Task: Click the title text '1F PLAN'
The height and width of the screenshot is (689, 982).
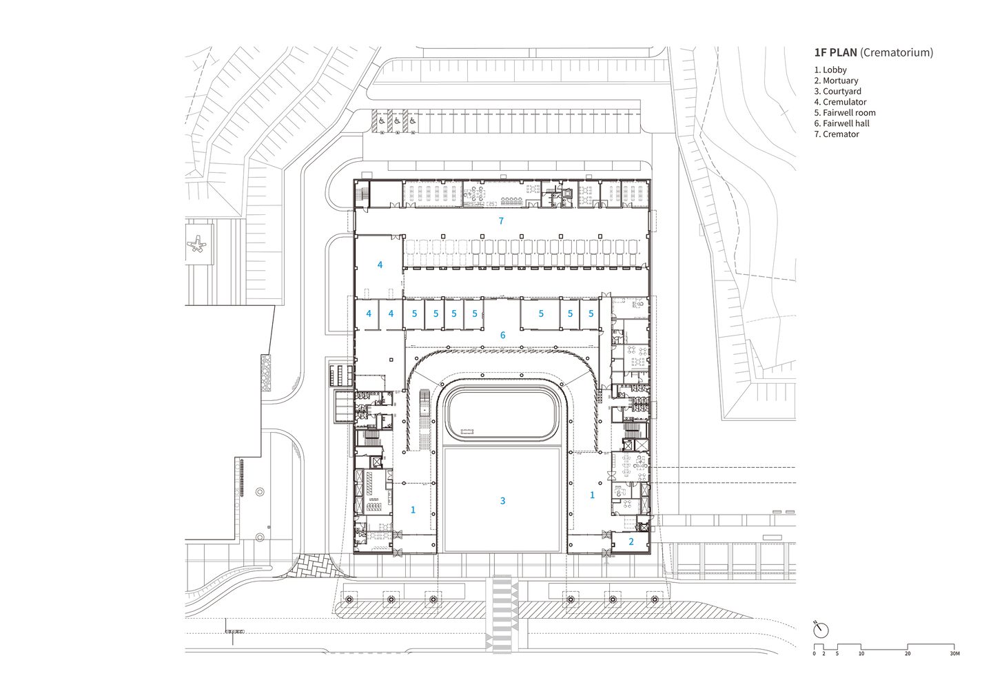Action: (x=835, y=52)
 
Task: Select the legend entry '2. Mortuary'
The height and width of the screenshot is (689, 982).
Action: (x=836, y=81)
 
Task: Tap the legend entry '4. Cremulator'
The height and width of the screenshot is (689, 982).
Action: (x=841, y=102)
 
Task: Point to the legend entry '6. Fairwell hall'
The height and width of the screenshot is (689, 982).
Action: (x=841, y=123)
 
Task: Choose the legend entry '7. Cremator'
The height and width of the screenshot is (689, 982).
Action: (x=837, y=134)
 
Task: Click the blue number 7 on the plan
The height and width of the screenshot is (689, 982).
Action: (x=501, y=221)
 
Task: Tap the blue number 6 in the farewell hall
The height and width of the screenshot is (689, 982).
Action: (x=503, y=336)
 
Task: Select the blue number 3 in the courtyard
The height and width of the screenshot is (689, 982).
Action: (x=503, y=500)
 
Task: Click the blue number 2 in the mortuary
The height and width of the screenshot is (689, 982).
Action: (x=631, y=542)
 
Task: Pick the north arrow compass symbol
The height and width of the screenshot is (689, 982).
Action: (x=821, y=630)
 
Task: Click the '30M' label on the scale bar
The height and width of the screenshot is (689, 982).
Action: (x=954, y=653)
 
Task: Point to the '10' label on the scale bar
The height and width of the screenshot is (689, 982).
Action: (x=861, y=653)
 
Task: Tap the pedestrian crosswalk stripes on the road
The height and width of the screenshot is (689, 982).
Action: (x=502, y=614)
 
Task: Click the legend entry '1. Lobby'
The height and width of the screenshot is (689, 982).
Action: (x=830, y=70)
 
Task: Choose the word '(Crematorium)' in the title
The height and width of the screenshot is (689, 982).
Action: (x=897, y=52)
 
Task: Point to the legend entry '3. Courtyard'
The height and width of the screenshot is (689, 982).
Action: (x=838, y=92)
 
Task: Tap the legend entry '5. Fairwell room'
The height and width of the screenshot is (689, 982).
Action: (x=845, y=112)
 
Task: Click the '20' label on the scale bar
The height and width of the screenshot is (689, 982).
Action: (x=908, y=653)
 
